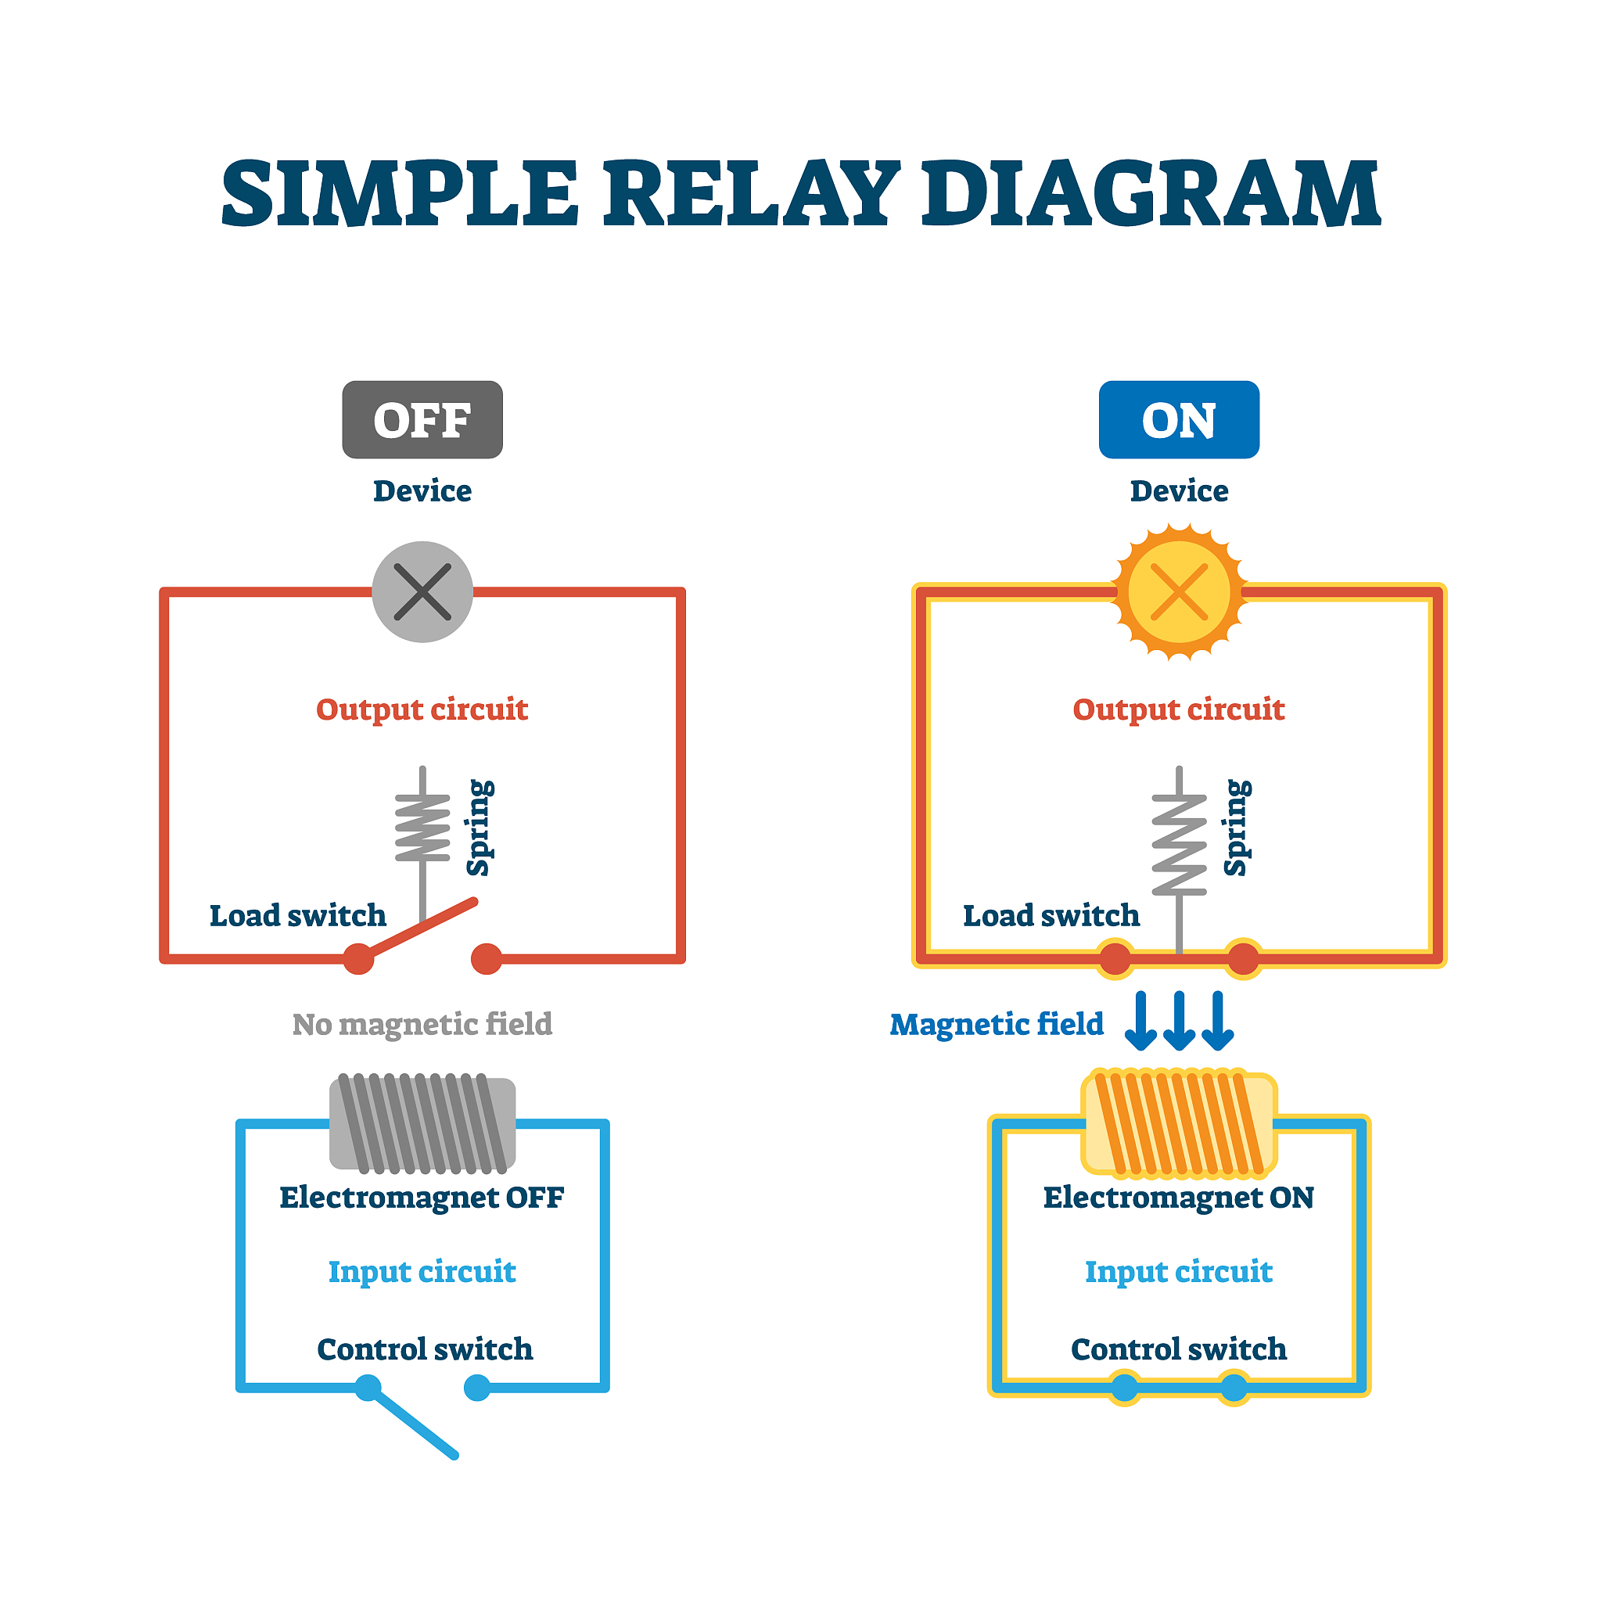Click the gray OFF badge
422,419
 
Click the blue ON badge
1178,419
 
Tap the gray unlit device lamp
422,592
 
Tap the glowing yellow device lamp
1178,592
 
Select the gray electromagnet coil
422,1123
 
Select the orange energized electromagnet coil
1178,1123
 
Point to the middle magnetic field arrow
1178,1021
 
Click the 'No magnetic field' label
422,1024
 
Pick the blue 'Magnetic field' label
996,1024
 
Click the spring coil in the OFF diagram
422,828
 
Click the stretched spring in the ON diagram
1178,843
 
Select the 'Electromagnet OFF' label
422,1198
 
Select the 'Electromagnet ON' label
1178,1198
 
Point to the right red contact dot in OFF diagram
486,958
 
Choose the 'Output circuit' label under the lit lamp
1178,709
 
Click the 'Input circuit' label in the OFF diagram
422,1271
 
